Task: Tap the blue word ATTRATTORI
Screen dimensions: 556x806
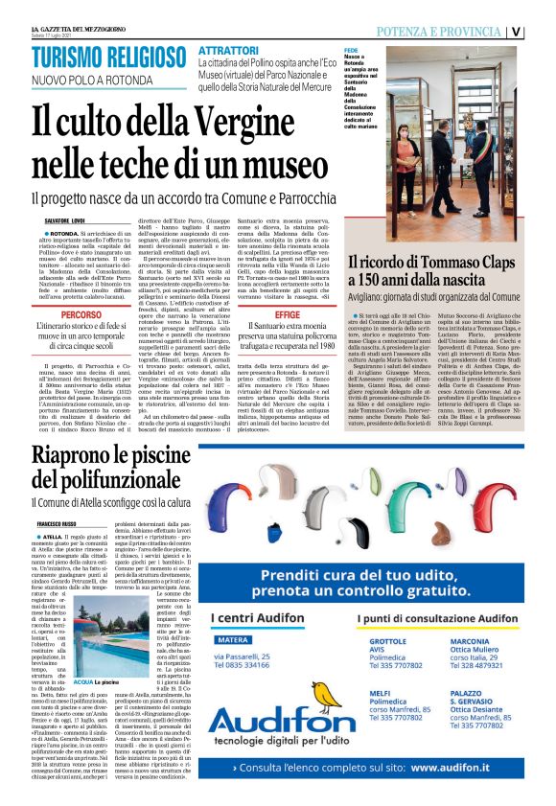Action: coord(229,50)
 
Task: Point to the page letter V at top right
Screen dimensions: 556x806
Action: coord(543,31)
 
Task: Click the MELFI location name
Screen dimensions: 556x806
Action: coord(382,664)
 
